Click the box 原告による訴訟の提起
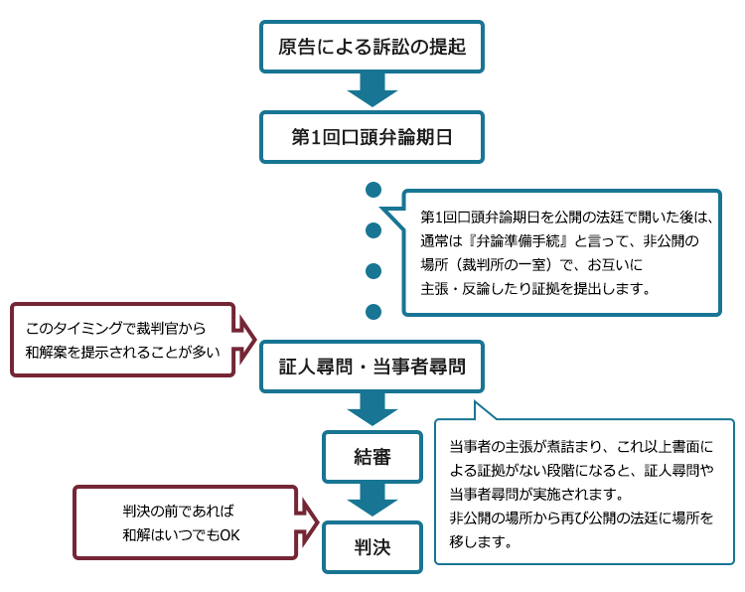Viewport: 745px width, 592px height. click(x=372, y=47)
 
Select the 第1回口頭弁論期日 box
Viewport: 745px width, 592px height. click(x=372, y=137)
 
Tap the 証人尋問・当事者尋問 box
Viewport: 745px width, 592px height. click(x=372, y=367)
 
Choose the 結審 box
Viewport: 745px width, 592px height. click(x=372, y=457)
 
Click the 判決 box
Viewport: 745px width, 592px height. click(x=372, y=547)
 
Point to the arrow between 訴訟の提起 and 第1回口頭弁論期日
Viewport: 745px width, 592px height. click(x=372, y=89)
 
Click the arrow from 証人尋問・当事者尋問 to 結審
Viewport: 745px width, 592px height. click(x=372, y=409)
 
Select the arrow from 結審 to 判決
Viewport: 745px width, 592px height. click(x=372, y=500)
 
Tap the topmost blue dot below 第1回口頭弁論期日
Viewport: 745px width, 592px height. click(x=373, y=190)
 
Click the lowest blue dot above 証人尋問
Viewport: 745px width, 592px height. click(x=373, y=312)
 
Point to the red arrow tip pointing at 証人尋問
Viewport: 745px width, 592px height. click(x=255, y=340)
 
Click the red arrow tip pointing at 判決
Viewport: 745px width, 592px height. click(x=318, y=522)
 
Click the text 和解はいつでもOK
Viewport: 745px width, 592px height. click(x=181, y=535)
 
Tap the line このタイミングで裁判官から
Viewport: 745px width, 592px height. click(x=115, y=328)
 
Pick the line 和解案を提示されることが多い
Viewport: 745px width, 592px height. click(x=122, y=352)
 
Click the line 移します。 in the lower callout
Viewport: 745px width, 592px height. click(x=481, y=541)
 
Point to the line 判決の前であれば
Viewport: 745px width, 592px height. click(x=178, y=511)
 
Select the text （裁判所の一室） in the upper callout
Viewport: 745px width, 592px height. click(x=505, y=264)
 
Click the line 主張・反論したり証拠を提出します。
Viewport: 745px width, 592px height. click(x=535, y=288)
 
